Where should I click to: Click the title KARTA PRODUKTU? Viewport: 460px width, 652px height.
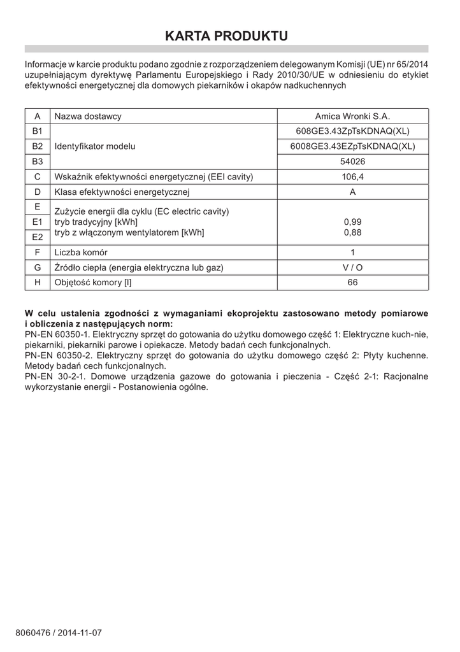226,36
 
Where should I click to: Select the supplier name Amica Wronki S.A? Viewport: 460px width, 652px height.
352,117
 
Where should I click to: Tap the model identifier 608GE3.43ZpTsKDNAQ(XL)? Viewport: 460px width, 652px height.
352,131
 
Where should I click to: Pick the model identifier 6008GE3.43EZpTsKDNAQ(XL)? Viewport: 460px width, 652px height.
352,146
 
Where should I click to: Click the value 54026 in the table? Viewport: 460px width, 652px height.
352,162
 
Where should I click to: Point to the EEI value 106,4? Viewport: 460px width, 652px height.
352,177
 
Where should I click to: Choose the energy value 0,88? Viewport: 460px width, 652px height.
352,232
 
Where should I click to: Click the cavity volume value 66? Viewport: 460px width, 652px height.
352,283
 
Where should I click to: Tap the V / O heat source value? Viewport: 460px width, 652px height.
352,267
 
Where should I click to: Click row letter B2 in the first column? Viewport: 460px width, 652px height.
38,146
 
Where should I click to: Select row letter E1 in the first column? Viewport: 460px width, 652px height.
38,222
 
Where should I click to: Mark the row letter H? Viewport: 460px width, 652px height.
38,283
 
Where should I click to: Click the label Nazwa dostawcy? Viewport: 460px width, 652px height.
88,117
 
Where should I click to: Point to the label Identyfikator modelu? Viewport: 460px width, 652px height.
95,146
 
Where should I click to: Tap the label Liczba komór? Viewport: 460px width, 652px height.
81,252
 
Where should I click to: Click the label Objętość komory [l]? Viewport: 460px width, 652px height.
93,283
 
